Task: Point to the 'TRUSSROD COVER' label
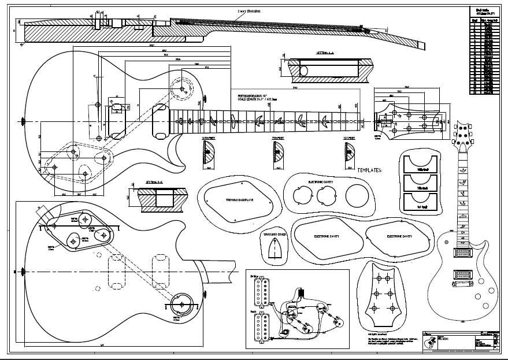[x=274, y=235]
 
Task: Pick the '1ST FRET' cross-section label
[x=348, y=139]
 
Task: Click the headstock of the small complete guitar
[x=462, y=135]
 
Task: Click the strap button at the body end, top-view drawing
[x=24, y=121]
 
